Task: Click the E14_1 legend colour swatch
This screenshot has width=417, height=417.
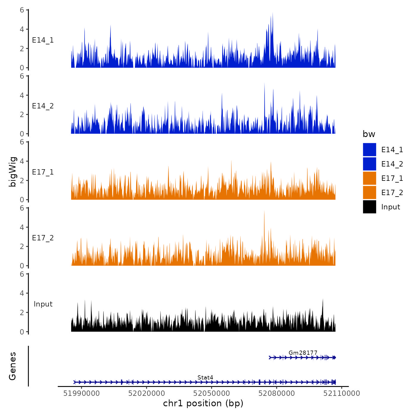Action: tap(369, 150)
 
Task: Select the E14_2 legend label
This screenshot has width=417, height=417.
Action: tap(392, 164)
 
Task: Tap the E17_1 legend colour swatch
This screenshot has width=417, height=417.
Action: tap(369, 178)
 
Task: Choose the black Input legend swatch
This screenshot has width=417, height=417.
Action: tap(369, 207)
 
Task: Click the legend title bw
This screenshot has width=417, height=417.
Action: tap(369, 134)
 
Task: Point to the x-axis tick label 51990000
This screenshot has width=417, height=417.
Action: tap(81, 393)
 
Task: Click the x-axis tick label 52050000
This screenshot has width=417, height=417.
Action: tap(211, 393)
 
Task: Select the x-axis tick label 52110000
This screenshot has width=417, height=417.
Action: tap(342, 393)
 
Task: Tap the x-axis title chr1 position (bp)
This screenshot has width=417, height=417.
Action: tap(203, 403)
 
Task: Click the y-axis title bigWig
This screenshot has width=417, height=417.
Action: tap(13, 172)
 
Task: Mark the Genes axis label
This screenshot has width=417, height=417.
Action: tap(13, 366)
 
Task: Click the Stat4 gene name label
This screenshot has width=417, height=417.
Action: tap(205, 378)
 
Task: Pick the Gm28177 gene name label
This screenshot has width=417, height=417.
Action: tap(303, 353)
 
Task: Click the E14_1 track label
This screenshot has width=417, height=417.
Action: tap(43, 40)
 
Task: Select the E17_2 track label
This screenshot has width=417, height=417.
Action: tap(43, 238)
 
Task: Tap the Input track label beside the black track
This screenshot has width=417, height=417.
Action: tap(43, 304)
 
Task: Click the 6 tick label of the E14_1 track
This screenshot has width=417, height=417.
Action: tap(22, 10)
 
